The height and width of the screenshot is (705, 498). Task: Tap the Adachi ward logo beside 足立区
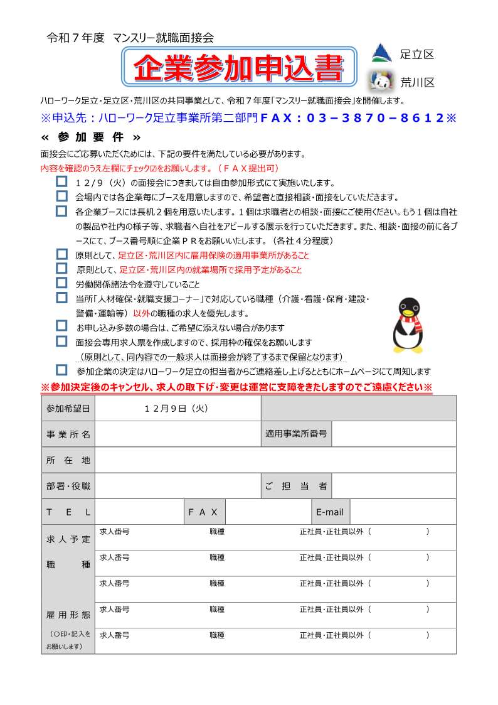pyautogui.click(x=382, y=53)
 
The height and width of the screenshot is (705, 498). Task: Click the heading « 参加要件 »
pyautogui.click(x=91, y=137)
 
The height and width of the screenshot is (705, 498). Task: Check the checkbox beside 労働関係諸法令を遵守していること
pyautogui.click(x=61, y=283)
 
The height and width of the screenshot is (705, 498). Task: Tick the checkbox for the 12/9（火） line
pyautogui.click(x=61, y=181)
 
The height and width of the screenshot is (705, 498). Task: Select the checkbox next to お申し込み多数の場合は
pyautogui.click(x=61, y=326)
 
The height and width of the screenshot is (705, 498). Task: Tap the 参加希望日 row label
pyautogui.click(x=68, y=408)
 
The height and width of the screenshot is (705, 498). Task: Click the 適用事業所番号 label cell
pyautogui.click(x=296, y=434)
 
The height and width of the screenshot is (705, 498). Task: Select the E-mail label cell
pyautogui.click(x=330, y=512)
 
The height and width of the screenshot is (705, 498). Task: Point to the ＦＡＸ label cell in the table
pyautogui.click(x=203, y=512)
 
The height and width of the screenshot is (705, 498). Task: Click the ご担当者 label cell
pyautogui.click(x=296, y=486)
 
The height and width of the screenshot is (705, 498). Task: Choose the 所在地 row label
pyautogui.click(x=68, y=460)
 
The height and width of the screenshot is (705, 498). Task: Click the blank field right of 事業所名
pyautogui.click(x=177, y=434)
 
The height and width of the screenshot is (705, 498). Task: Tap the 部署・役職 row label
pyautogui.click(x=68, y=486)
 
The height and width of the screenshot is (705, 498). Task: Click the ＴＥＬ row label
pyautogui.click(x=68, y=512)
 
